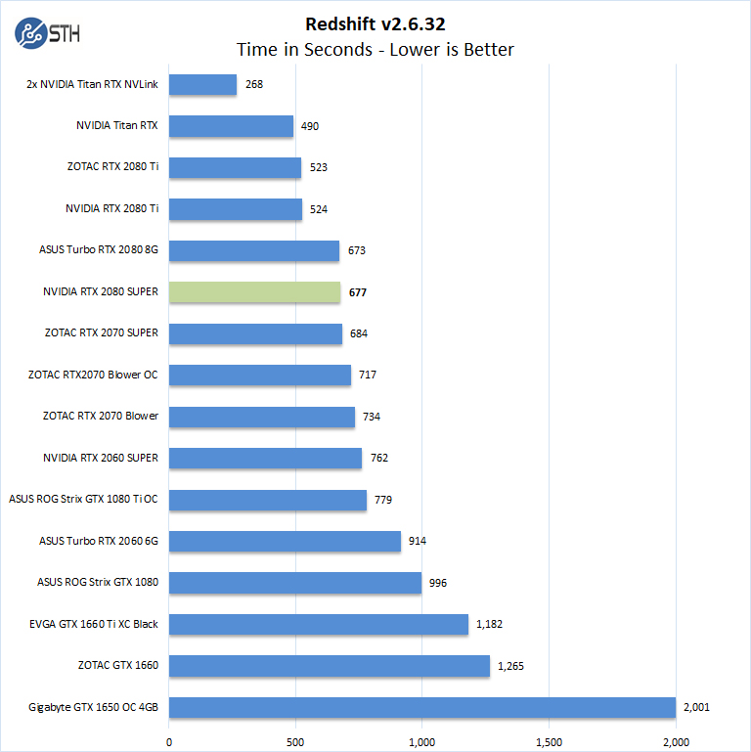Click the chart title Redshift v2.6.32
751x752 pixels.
point(375,23)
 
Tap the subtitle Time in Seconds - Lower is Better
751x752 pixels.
point(375,49)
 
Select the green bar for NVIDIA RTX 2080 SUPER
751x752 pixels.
point(255,292)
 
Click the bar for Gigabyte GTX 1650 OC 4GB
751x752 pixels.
point(422,707)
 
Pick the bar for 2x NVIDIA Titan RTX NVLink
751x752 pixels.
point(203,85)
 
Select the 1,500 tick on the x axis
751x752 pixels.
point(550,740)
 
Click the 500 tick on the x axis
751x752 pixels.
point(296,740)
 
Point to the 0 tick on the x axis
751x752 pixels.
point(169,740)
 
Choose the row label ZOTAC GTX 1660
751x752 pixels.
point(118,665)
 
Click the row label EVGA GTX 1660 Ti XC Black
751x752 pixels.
point(94,624)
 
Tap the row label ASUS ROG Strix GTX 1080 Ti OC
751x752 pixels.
point(83,499)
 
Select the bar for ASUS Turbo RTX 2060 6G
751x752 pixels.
point(286,541)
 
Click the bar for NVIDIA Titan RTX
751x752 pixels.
point(232,126)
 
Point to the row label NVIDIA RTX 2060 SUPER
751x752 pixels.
point(101,458)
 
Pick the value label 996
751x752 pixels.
point(438,583)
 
